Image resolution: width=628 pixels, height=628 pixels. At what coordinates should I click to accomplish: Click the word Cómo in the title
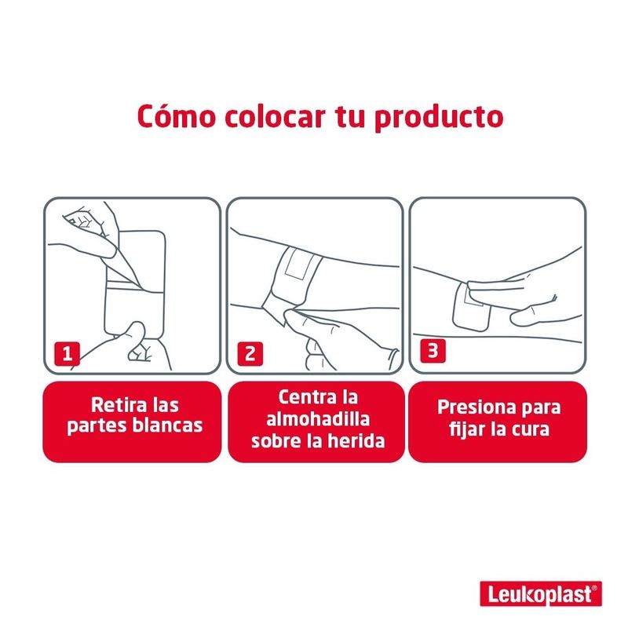tap(176, 116)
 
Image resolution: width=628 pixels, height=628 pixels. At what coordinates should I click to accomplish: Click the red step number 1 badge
tap(67, 354)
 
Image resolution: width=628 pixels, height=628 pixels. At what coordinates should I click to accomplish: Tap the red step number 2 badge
tap(250, 354)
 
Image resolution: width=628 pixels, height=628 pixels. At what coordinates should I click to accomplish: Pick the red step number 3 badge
tap(433, 350)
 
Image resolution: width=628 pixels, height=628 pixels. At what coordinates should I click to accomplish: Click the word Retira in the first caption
tap(115, 405)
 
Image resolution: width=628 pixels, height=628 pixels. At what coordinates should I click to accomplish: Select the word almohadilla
tap(318, 419)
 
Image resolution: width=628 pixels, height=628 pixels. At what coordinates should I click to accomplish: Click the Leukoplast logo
tap(541, 593)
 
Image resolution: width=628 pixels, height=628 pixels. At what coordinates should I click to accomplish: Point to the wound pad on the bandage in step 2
tap(298, 264)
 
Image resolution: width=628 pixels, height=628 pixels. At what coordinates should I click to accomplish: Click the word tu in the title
tap(349, 116)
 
